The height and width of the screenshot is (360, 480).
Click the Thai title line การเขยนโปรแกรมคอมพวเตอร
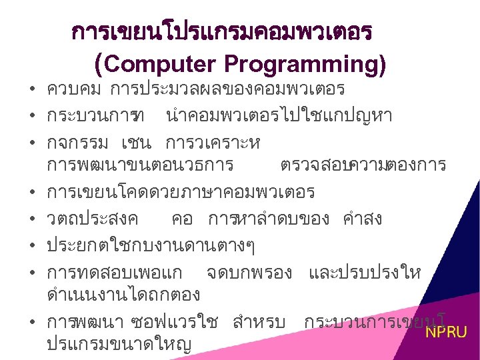point(223,31)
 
